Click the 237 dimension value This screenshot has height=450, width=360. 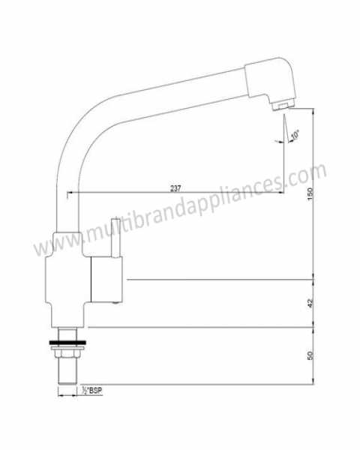(175, 188)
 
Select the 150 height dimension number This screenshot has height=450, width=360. (310, 194)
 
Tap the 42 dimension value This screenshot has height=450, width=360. (310, 303)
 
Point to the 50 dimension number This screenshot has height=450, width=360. (310, 355)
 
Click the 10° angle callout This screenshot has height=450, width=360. (295, 135)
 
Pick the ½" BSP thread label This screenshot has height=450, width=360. (92, 390)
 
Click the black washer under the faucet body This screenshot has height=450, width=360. (67, 343)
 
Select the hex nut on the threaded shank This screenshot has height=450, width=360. (67, 352)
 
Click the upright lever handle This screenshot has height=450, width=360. (116, 238)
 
